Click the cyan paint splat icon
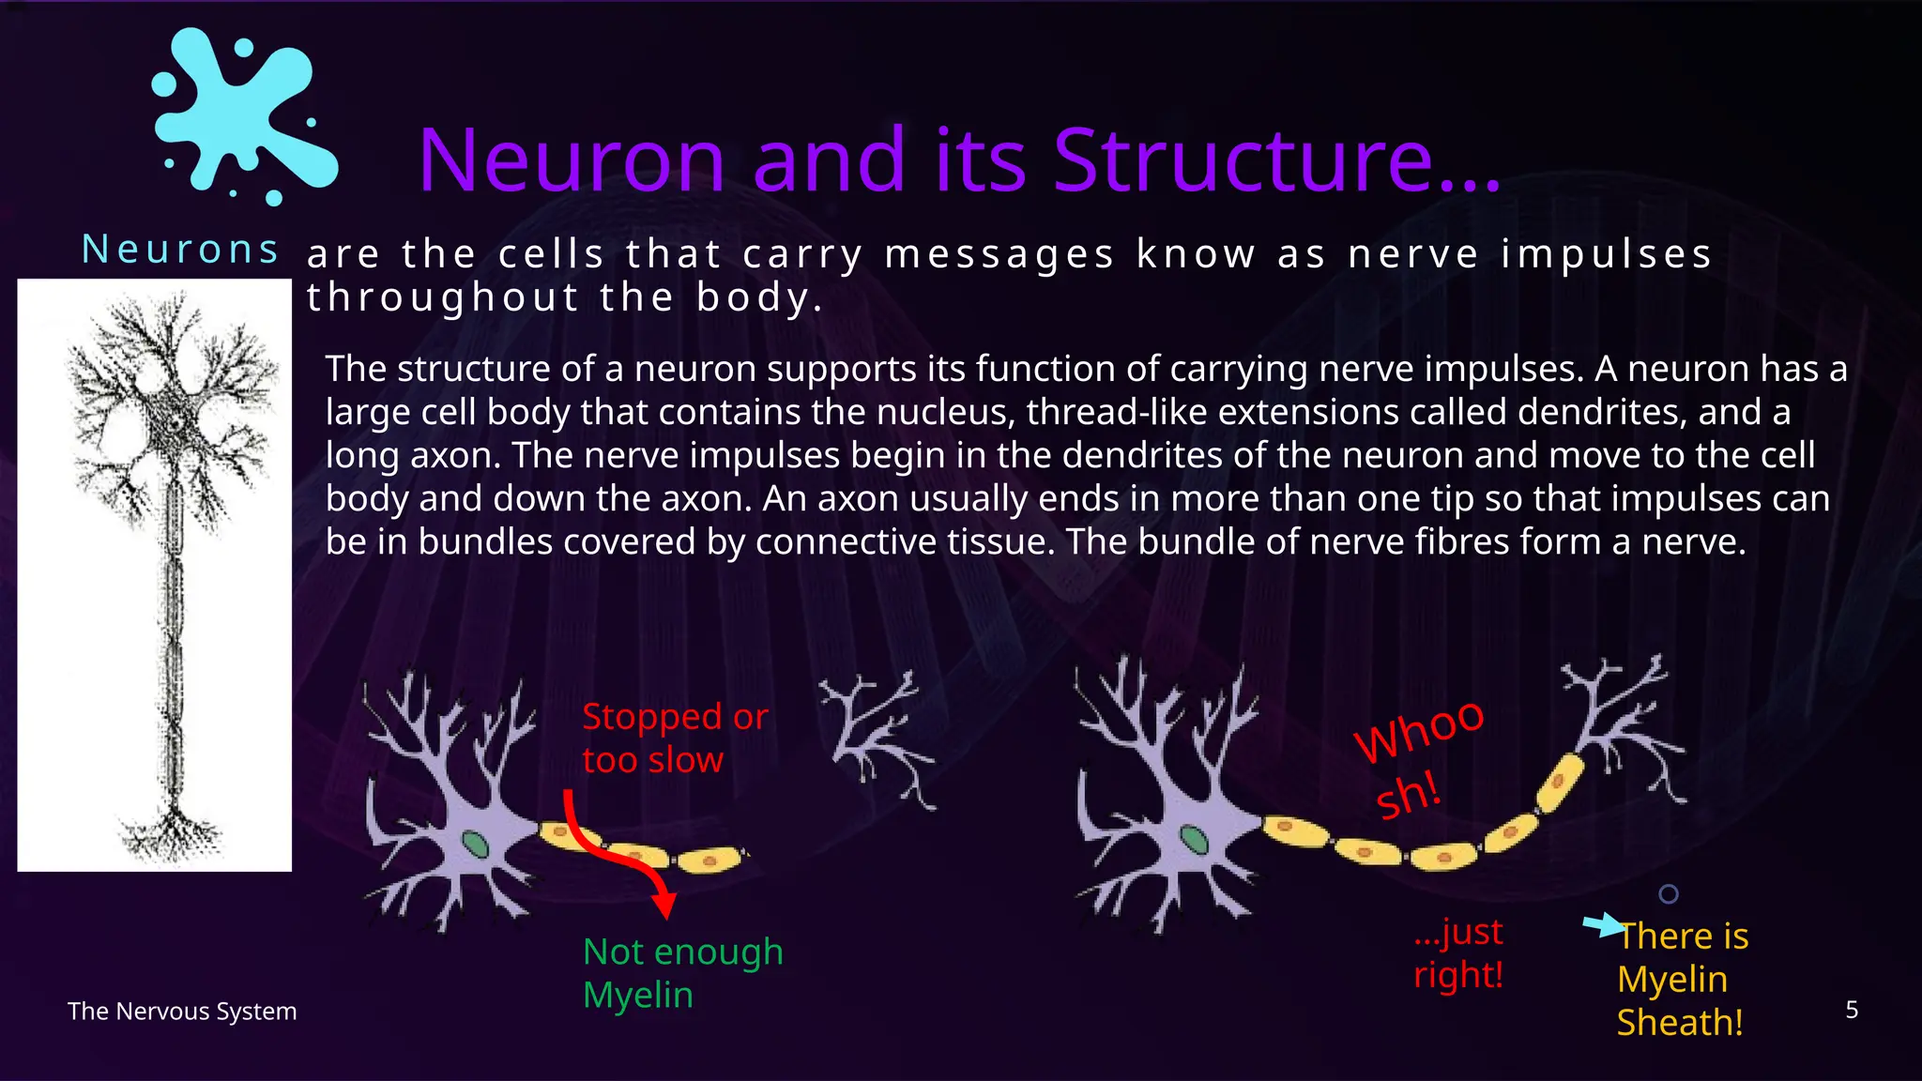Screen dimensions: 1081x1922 (242, 114)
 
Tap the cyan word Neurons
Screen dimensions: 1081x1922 (180, 250)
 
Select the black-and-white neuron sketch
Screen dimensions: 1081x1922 (155, 574)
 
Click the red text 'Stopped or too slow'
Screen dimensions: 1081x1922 (674, 738)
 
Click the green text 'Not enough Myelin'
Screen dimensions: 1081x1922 (682, 973)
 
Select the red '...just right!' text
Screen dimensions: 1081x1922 (1458, 952)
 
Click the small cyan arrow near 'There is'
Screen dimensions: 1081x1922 (1603, 925)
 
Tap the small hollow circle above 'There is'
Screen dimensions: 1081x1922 (1668, 894)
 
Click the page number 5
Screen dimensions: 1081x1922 (1851, 1010)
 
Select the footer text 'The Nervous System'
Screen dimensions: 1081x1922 (182, 1012)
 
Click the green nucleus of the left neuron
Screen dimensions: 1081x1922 (477, 845)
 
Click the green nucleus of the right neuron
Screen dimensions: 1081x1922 (1194, 838)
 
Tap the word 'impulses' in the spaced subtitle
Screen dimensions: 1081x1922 (1606, 254)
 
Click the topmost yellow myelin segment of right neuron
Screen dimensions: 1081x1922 (1560, 782)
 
